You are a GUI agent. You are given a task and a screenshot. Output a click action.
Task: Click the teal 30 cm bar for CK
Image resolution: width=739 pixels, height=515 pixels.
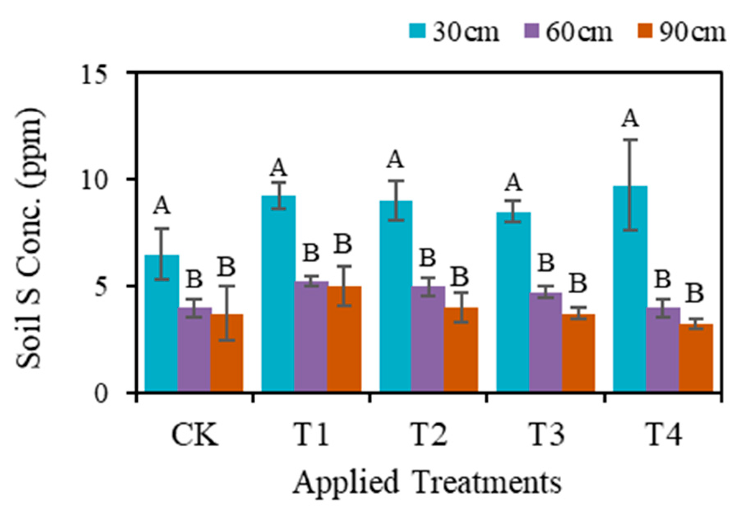(162, 323)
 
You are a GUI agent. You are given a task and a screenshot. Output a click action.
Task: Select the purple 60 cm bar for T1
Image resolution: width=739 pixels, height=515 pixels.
(311, 337)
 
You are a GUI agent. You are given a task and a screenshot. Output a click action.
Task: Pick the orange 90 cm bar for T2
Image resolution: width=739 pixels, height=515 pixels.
(461, 350)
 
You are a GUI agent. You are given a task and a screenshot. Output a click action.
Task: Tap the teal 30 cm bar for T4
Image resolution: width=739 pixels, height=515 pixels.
(630, 289)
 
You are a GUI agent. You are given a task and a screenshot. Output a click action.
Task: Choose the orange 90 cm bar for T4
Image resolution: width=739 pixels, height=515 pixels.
(696, 358)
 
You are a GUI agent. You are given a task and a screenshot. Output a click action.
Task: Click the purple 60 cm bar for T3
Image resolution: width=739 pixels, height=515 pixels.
(546, 342)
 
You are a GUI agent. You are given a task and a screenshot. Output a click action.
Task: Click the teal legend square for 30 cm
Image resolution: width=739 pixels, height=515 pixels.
(417, 32)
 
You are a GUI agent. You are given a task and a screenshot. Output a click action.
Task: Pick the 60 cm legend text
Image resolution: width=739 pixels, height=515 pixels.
(579, 32)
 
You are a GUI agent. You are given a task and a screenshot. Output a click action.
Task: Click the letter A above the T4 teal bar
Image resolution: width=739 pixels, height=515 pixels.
(630, 119)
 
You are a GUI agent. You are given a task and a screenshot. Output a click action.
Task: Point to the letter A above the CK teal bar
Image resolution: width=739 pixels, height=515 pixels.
(162, 207)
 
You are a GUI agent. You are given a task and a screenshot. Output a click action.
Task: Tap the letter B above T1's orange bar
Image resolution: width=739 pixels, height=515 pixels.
(343, 244)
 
